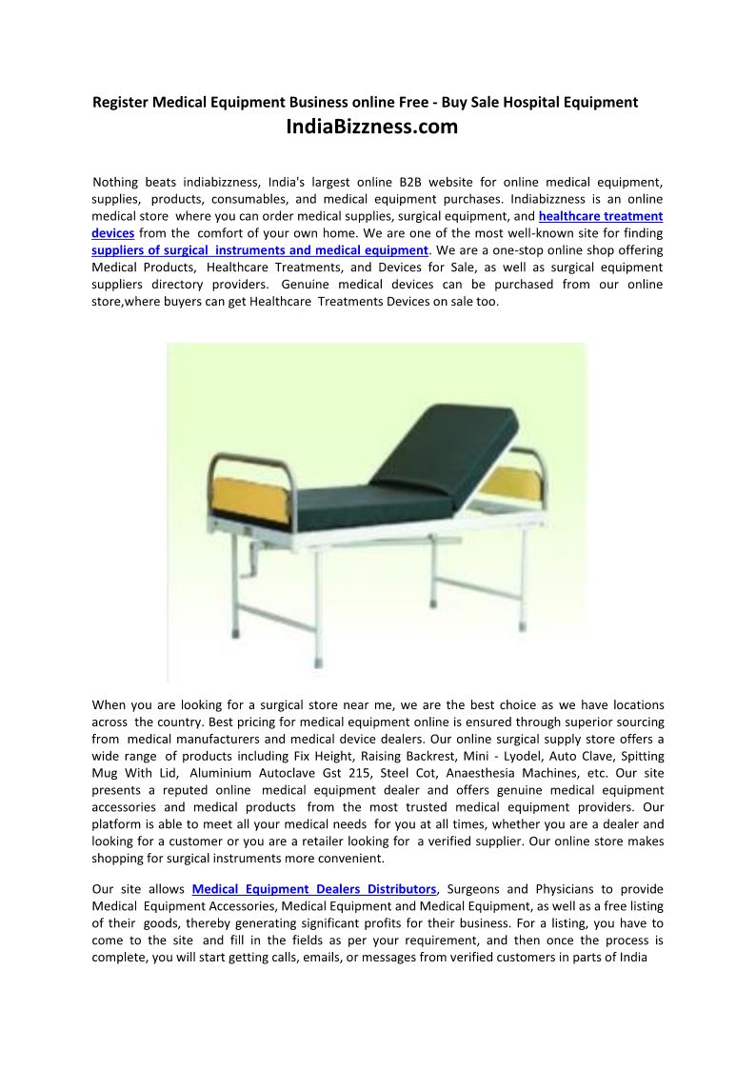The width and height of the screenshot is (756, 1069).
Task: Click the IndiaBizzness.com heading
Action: point(371,127)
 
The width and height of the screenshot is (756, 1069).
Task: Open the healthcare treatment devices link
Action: point(600,216)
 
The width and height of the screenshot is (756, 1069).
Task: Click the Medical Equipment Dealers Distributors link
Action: point(314,889)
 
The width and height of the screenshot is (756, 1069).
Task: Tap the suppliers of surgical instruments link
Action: point(260,250)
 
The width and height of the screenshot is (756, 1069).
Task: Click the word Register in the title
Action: point(120,102)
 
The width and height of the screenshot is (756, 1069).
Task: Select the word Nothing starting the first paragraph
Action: point(115,182)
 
